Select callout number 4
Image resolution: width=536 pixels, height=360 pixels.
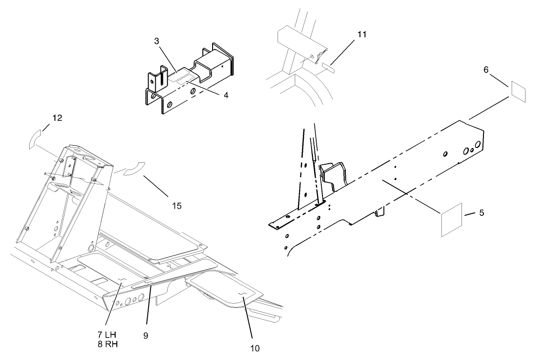tap(225, 95)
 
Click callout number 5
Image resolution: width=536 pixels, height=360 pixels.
tap(481, 213)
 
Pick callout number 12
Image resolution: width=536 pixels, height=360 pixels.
tap(57, 118)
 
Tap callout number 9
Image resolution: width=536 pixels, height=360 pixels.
tap(145, 336)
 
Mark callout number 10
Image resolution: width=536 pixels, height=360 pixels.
tap(255, 348)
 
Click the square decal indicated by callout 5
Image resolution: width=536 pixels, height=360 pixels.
tap(451, 219)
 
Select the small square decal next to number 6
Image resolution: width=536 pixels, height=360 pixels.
tap(519, 91)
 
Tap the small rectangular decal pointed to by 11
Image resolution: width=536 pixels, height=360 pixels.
tap(328, 65)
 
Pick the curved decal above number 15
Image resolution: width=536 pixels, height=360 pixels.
tap(133, 169)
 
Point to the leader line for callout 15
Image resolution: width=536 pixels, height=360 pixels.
tap(155, 186)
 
